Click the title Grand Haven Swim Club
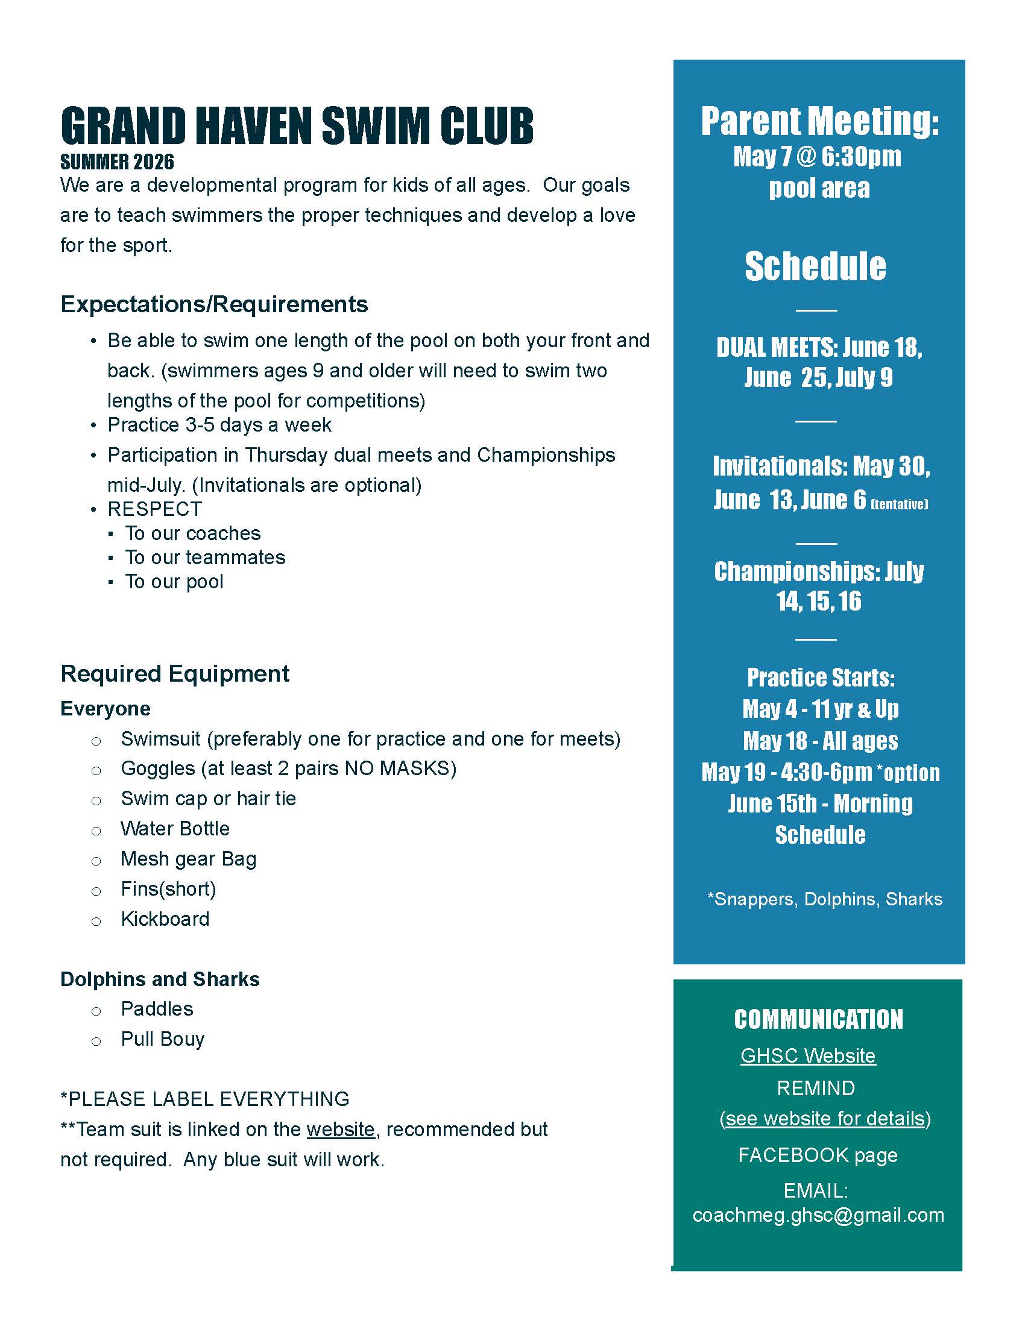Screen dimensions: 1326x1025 coord(297,126)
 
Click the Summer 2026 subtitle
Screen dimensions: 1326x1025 coord(117,162)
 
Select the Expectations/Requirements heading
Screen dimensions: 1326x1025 coord(214,304)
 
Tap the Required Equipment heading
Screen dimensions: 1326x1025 coord(175,674)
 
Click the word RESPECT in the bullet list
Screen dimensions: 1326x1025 coord(154,509)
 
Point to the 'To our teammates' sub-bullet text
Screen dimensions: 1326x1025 coord(204,558)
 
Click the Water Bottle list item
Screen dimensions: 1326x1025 coord(175,829)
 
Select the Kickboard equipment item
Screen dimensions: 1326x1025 coord(165,919)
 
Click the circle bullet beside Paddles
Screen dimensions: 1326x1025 coord(96,1011)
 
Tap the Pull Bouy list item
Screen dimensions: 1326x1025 coord(162,1040)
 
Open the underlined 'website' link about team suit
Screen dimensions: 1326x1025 coord(340,1130)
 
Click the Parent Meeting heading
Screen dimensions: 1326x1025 coord(819,121)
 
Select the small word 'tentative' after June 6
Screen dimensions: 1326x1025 coord(900,504)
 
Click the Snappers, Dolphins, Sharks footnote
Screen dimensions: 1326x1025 coord(825,899)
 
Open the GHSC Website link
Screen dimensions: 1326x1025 coord(807,1056)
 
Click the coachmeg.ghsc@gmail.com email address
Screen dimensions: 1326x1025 coord(818,1215)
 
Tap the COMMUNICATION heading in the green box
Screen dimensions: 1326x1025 coord(818,1019)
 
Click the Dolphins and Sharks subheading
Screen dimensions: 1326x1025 coord(160,979)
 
